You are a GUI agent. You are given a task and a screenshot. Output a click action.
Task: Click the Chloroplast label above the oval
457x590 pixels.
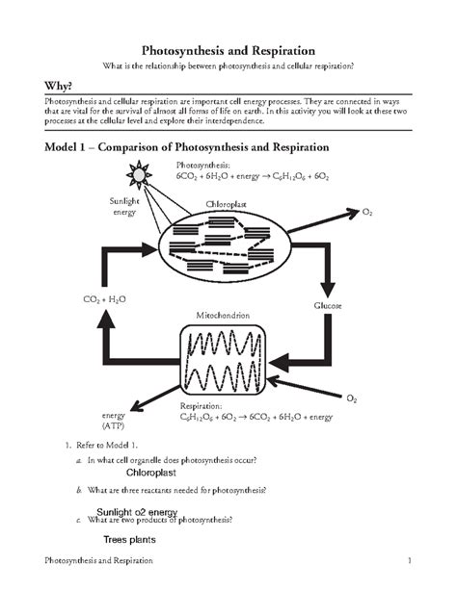(228, 205)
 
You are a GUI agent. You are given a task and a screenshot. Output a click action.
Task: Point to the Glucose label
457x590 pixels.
(328, 304)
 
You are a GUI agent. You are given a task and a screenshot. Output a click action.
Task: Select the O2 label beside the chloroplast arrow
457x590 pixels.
(367, 210)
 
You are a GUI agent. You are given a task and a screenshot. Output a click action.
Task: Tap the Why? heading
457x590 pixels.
(46, 86)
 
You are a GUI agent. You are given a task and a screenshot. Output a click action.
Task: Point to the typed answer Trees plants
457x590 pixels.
(129, 540)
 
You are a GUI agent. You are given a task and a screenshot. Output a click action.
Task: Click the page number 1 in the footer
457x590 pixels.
(410, 560)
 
